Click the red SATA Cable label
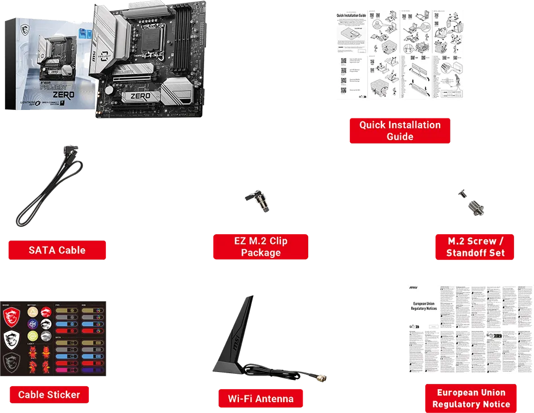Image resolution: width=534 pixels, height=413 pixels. (x=57, y=250)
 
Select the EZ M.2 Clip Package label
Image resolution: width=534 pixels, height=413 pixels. (x=260, y=247)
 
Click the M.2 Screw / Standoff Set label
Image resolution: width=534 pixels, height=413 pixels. (x=475, y=247)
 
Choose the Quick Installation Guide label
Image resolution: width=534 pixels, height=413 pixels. (x=400, y=130)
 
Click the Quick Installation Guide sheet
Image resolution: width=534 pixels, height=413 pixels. (x=400, y=55)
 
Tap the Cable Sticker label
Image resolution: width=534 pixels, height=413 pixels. (x=49, y=394)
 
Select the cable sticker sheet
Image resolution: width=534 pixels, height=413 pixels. (x=54, y=338)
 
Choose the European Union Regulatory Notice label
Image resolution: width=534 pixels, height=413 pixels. (x=471, y=399)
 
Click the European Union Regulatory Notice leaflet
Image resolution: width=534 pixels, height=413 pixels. (x=469, y=330)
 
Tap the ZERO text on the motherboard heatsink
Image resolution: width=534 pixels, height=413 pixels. (x=140, y=96)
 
